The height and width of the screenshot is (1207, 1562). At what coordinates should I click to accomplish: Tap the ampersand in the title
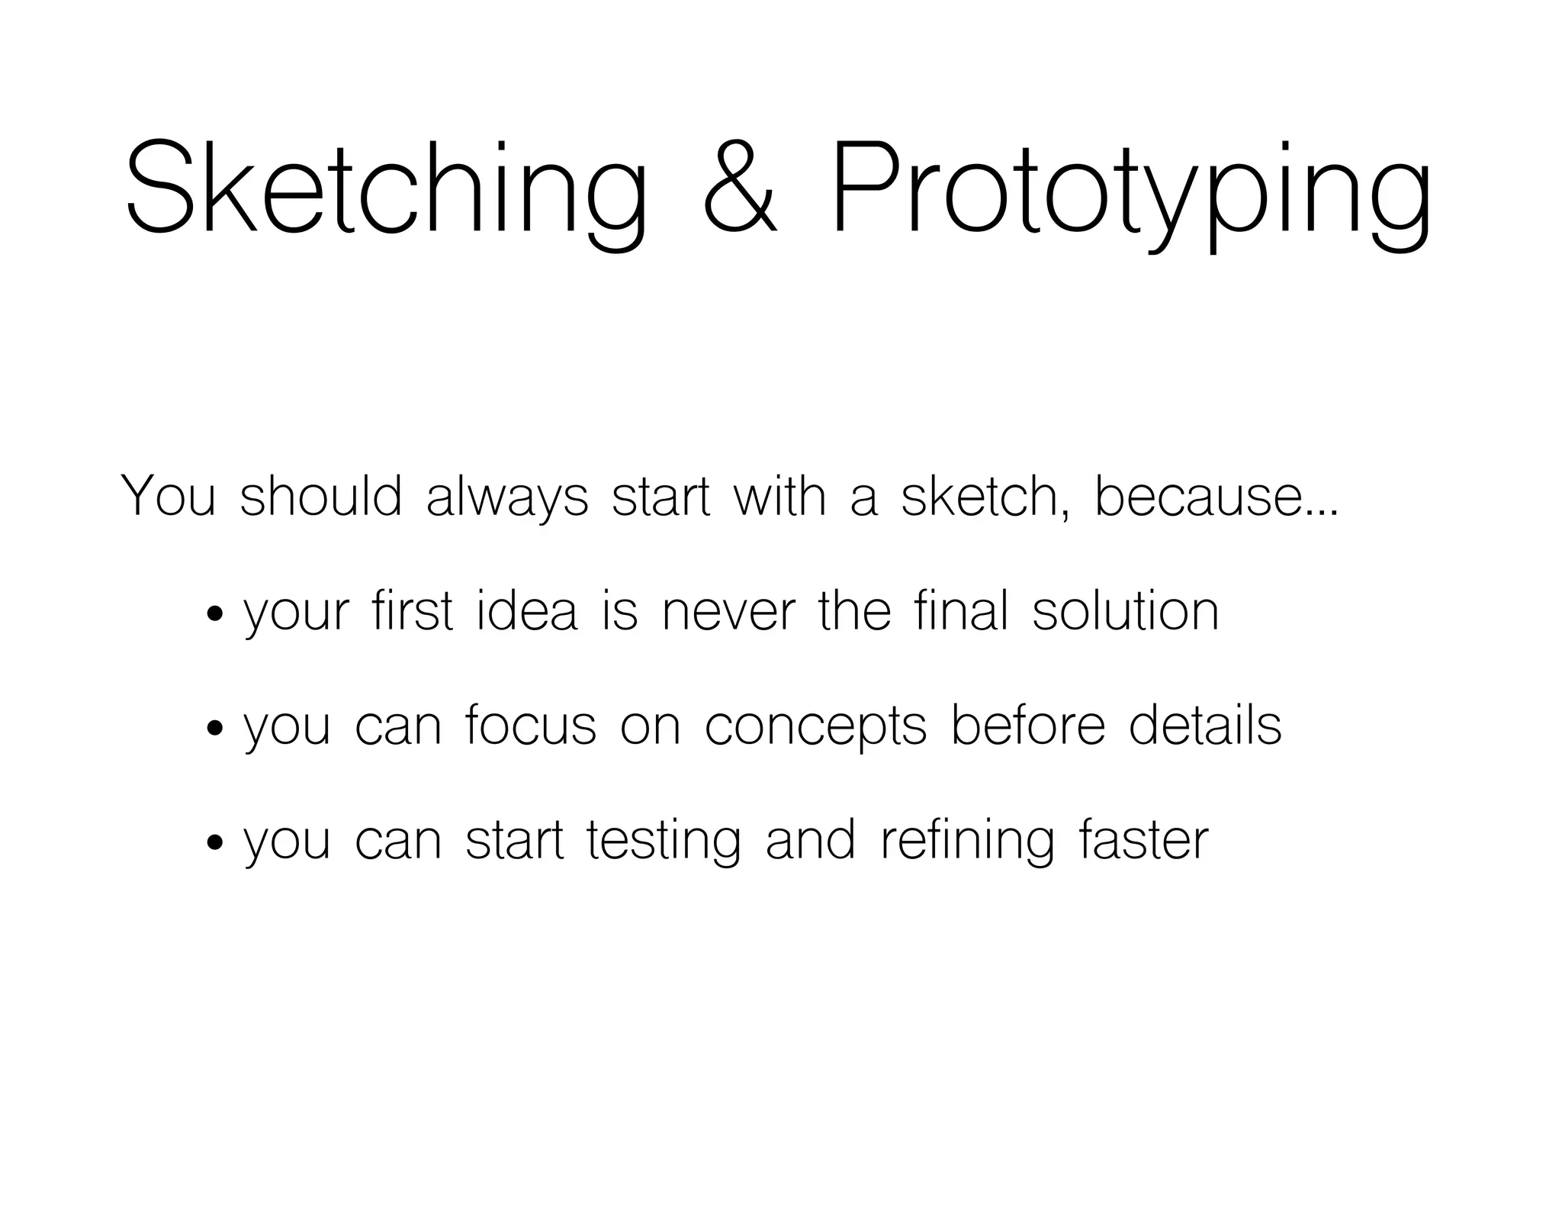(739, 189)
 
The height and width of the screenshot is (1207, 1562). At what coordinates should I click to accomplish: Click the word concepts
(815, 728)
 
